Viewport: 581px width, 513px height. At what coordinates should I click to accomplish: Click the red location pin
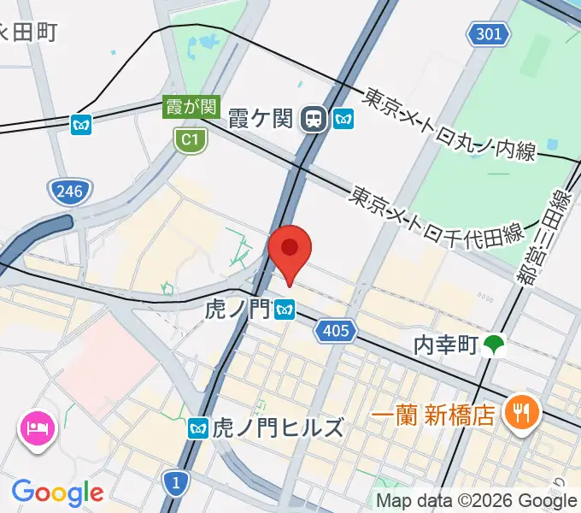coord(290,251)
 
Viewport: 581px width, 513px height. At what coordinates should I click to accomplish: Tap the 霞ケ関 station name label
coord(261,119)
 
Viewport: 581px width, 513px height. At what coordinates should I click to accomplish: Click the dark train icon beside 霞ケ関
coord(314,119)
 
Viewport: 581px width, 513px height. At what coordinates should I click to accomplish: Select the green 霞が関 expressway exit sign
coord(192,108)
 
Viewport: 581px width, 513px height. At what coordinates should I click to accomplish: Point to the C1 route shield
coord(190,139)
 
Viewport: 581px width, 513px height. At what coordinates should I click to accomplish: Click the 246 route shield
coord(67,191)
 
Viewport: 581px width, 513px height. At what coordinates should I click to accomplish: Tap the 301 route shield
coord(489,35)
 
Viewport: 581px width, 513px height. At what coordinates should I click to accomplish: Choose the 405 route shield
coord(335,330)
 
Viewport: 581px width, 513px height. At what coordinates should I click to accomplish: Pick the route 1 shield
coord(175,485)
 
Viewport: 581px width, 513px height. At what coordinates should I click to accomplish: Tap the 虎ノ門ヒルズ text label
coord(277,427)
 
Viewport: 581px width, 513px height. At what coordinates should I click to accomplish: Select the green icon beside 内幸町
coord(493,345)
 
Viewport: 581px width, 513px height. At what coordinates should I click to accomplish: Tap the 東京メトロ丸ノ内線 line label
coord(449,125)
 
